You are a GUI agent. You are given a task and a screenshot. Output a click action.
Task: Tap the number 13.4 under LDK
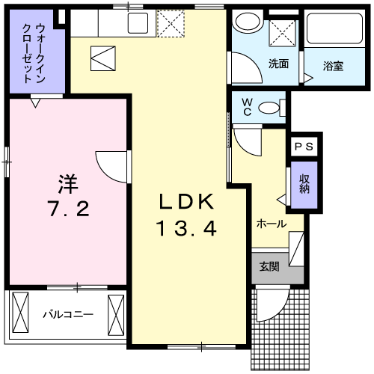point(186,228)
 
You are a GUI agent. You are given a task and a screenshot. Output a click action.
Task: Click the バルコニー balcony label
point(67,314)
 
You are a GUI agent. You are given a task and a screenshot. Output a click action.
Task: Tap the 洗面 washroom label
point(278,64)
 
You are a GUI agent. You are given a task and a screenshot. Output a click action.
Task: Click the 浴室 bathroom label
point(333,65)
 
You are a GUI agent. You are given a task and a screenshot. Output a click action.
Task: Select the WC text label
point(244,107)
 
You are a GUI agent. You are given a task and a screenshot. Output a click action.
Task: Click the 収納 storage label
point(304,183)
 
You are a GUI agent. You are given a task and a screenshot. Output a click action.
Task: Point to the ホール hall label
point(271,223)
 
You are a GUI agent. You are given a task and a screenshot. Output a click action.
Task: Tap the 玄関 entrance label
point(269,266)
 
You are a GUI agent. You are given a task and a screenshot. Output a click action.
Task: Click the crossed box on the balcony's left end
point(21,308)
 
